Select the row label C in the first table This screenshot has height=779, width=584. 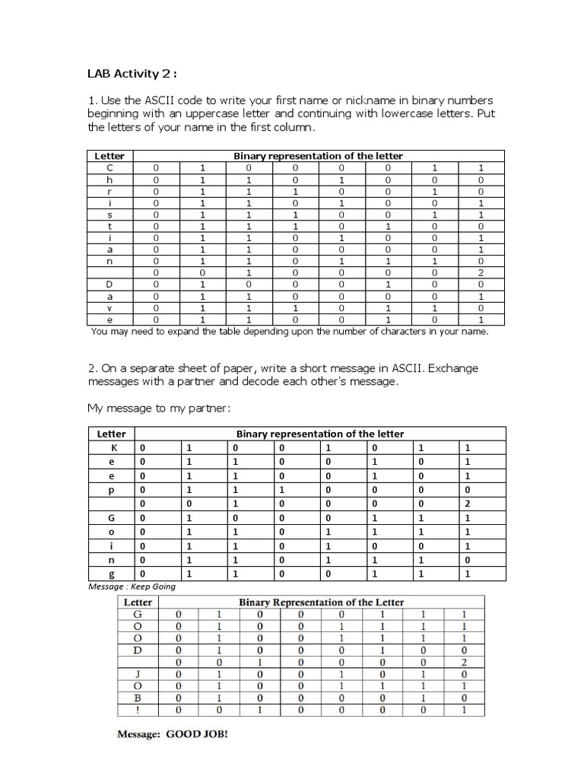coord(109,167)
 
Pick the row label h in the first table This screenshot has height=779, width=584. coord(109,180)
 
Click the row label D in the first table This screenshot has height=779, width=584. coord(109,284)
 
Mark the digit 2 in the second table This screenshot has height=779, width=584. coord(468,504)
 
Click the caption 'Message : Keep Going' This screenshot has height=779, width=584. coord(132,587)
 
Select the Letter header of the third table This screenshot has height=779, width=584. coord(138,602)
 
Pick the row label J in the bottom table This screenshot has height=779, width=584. coord(138,673)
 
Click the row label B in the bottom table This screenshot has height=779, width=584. coord(138,698)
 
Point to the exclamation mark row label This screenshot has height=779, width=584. coord(138,710)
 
